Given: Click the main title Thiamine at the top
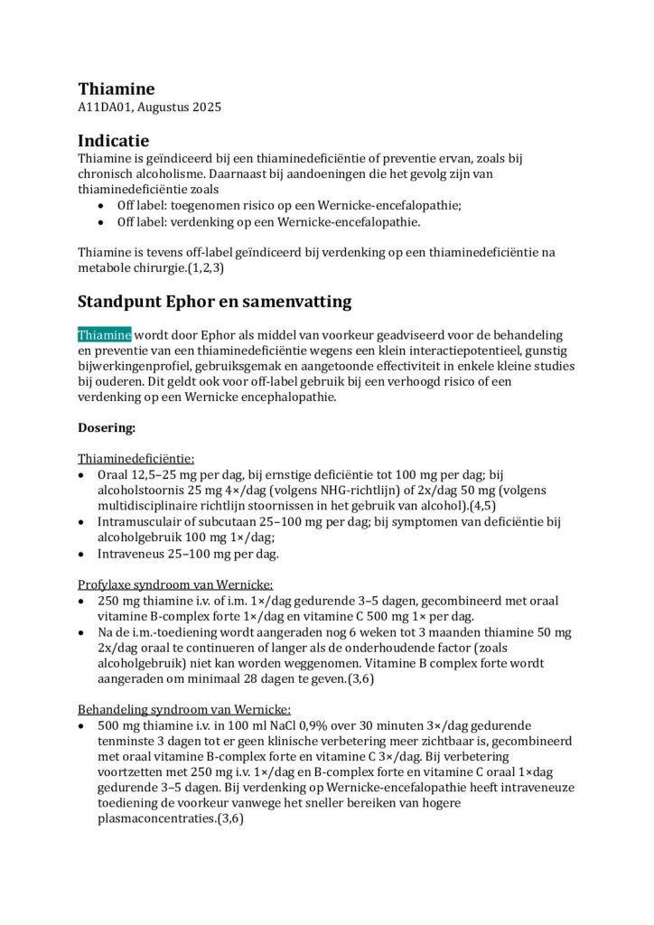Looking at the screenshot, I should pyautogui.click(x=116, y=89).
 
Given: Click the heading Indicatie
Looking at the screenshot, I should pyautogui.click(x=113, y=141).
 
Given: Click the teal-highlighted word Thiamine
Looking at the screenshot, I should pyautogui.click(x=104, y=335).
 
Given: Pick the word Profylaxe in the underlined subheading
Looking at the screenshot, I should pyautogui.click(x=107, y=584).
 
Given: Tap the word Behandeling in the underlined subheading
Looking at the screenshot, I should pyautogui.click(x=115, y=709).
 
